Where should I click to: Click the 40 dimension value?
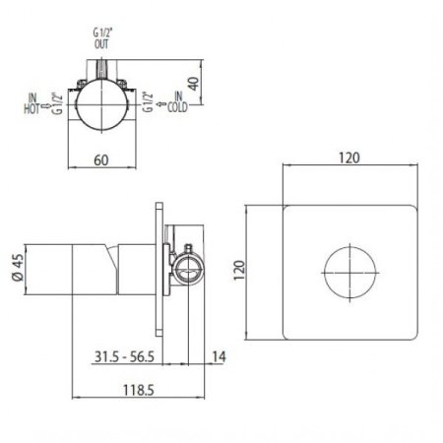(x=194, y=84)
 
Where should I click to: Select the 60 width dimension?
(x=101, y=160)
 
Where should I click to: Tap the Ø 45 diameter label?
(x=18, y=268)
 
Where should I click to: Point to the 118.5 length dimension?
(x=138, y=391)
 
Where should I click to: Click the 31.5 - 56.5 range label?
(x=124, y=356)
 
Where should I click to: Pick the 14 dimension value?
(x=220, y=356)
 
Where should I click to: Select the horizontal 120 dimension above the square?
(x=349, y=158)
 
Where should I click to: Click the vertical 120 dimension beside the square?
(x=239, y=270)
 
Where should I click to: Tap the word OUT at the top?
(x=101, y=44)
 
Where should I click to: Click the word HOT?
(x=32, y=109)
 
